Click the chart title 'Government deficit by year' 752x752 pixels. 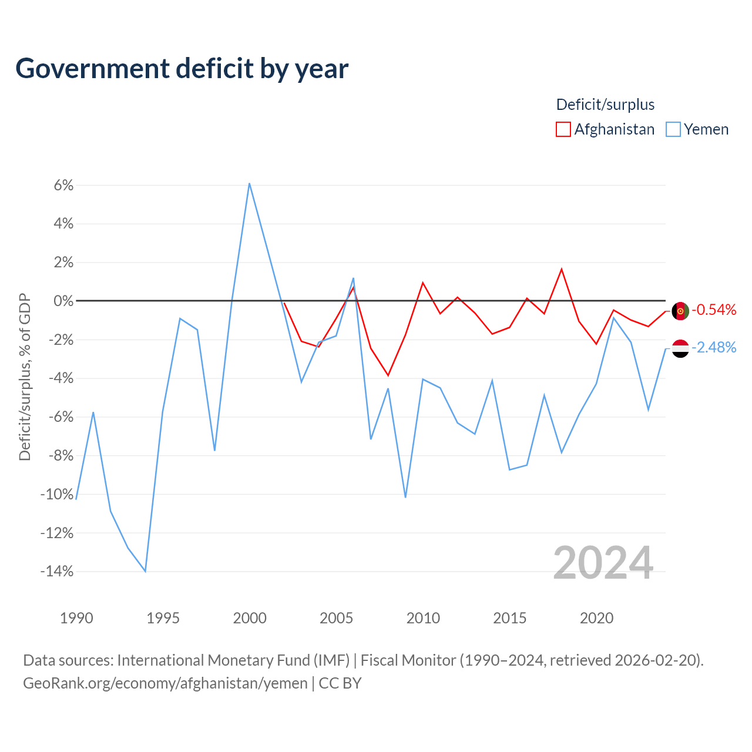pos(182,68)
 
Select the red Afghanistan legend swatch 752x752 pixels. pos(563,129)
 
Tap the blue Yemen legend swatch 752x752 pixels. pos(673,129)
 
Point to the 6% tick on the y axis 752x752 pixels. pos(63,186)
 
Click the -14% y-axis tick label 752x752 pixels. pos(57,571)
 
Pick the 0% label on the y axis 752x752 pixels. pos(63,301)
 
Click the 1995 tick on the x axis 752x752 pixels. pos(163,618)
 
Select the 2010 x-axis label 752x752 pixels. pos(423,618)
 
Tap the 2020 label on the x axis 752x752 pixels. pos(596,618)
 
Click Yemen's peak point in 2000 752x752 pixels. pos(249,183)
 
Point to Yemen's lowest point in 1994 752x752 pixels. pos(145,571)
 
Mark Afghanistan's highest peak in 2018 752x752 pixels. pos(562,269)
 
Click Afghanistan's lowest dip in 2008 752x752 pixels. pos(388,375)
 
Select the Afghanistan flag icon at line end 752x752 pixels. pos(680,311)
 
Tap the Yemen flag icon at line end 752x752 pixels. pos(680,348)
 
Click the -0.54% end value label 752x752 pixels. pos(714,310)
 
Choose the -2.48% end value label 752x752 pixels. pos(714,347)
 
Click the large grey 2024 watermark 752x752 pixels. pos(603,563)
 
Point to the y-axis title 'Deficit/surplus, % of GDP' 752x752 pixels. pos(25,377)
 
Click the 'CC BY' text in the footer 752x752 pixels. pos(340,683)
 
